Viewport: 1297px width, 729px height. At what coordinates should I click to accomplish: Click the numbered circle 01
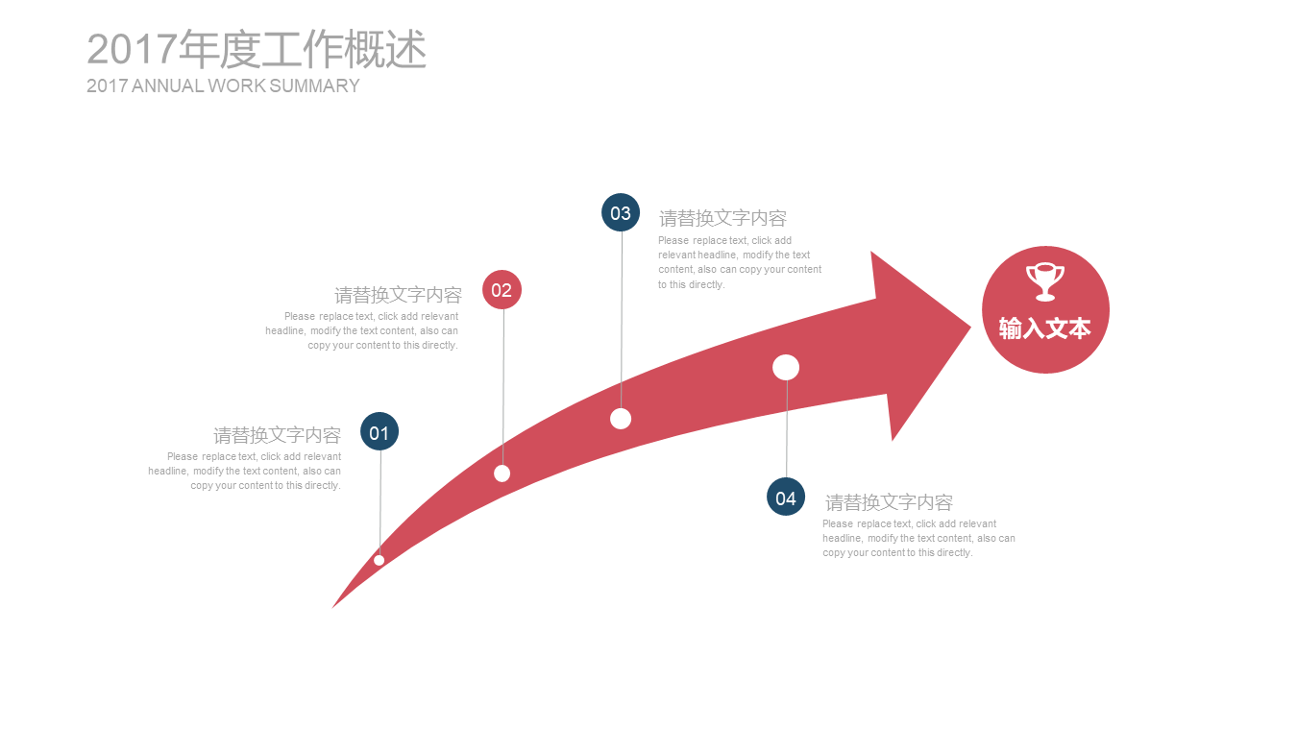(x=379, y=431)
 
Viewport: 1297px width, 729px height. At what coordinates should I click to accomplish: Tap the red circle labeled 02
(x=502, y=289)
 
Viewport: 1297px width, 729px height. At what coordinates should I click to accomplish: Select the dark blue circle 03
(x=621, y=212)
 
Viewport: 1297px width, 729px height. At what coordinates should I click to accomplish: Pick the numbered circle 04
(x=786, y=497)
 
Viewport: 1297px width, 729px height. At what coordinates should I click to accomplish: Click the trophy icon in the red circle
(x=1045, y=282)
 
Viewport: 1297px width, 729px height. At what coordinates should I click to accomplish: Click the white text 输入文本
(x=1045, y=328)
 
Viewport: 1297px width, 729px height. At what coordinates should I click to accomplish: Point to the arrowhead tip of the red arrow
(x=970, y=328)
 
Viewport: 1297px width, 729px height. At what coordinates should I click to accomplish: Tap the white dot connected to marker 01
(x=379, y=560)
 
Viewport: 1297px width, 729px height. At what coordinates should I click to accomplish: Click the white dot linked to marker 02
(x=502, y=474)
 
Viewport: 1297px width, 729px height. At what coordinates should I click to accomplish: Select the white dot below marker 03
(x=621, y=419)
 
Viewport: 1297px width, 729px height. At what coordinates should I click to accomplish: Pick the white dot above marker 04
(x=786, y=368)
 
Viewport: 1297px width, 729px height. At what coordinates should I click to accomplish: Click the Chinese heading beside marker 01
(x=277, y=435)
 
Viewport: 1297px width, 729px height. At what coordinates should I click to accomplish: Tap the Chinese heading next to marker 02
(x=398, y=295)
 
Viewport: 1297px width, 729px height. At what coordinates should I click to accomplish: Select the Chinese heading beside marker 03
(x=722, y=218)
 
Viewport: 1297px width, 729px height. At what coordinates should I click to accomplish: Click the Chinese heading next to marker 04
(x=889, y=502)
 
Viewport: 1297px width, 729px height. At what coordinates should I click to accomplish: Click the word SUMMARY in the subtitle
(x=314, y=85)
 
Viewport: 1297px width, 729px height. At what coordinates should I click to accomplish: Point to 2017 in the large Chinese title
(x=132, y=49)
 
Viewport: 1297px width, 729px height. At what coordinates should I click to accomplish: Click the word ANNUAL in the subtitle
(x=168, y=85)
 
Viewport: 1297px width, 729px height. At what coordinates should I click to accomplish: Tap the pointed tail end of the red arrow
(x=332, y=607)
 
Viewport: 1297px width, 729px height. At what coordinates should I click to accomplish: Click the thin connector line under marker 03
(x=622, y=320)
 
